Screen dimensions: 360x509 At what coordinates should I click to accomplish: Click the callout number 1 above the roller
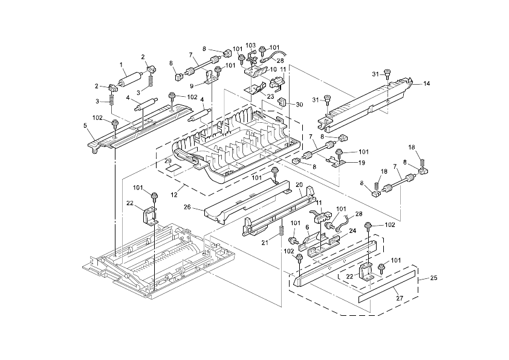coord(121,64)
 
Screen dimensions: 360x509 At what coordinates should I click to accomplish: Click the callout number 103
coord(250,45)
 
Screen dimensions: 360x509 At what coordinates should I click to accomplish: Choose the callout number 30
coord(300,104)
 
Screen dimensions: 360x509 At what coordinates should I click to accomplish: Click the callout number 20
coord(299,184)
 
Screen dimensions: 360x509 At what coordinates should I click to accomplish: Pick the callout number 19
coord(361,163)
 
